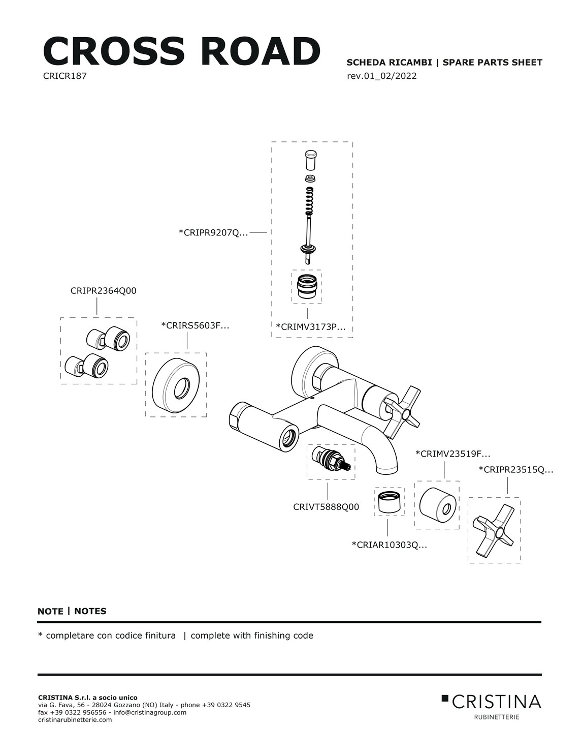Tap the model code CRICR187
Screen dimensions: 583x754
click(x=65, y=76)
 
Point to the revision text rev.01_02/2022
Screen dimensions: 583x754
click(x=381, y=76)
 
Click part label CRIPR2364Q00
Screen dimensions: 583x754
click(x=103, y=291)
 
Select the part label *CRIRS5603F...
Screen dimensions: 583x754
click(x=195, y=325)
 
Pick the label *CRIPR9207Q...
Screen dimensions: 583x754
click(x=213, y=232)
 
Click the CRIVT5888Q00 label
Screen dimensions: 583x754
click(x=326, y=507)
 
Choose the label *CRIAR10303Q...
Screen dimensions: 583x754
click(x=389, y=545)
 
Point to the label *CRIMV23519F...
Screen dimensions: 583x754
click(x=452, y=454)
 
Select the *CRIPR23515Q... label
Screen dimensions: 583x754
click(x=516, y=469)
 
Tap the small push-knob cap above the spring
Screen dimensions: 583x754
click(x=311, y=160)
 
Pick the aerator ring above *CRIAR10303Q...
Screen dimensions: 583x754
click(x=389, y=502)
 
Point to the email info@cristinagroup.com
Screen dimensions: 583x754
click(x=150, y=712)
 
